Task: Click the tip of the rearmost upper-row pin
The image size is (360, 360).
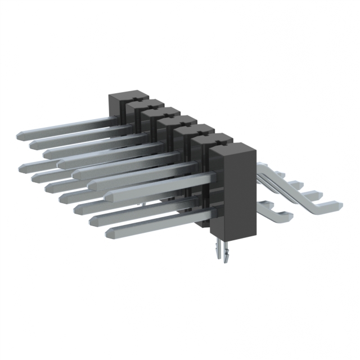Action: click(x=20, y=136)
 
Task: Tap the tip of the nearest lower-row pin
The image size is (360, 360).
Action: click(x=109, y=232)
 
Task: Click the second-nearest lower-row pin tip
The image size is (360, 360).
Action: click(x=93, y=219)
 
